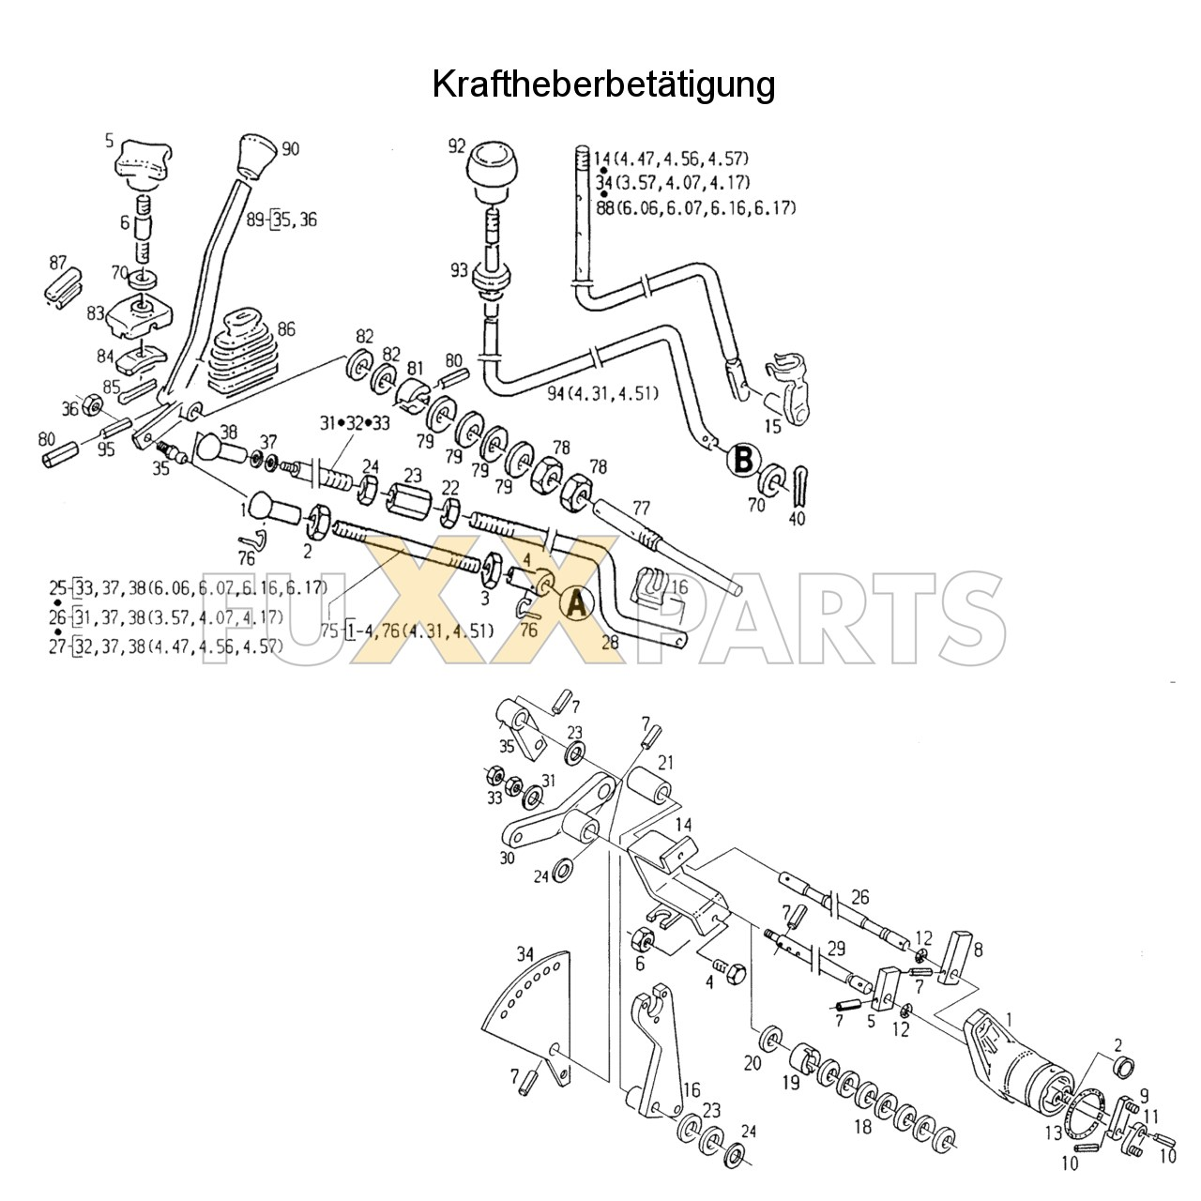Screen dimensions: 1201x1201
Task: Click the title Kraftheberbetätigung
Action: [603, 84]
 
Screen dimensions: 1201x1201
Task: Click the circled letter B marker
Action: [742, 460]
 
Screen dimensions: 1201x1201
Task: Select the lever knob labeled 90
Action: [255, 155]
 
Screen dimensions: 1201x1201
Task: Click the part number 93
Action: [458, 271]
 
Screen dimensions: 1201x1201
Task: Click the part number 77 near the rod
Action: [642, 508]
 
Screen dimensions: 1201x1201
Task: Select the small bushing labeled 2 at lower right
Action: [1121, 1066]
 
